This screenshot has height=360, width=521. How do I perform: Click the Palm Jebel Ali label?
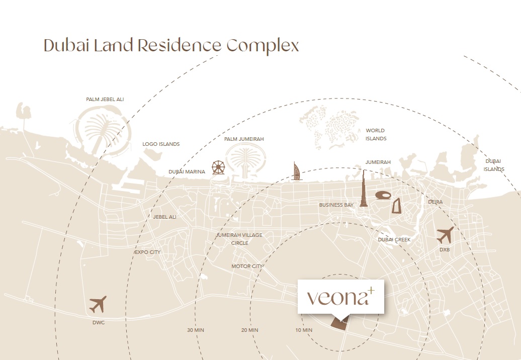point(105,100)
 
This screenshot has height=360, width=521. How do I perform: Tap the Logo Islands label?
point(161,144)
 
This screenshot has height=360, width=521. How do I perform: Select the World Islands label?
point(376,134)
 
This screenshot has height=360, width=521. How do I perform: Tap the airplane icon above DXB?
point(445,235)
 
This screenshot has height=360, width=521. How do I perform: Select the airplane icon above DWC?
point(98,304)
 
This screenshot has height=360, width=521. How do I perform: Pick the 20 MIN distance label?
point(249,330)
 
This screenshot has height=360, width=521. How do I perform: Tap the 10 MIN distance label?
point(304,330)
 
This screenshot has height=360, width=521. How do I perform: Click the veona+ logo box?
point(341,297)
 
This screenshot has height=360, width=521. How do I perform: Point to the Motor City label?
point(247,266)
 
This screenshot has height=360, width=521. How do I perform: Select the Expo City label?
point(147,252)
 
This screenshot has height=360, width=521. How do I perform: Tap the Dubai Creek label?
point(394,240)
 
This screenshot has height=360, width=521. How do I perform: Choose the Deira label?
point(435,202)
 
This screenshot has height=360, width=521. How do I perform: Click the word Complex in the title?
point(263,46)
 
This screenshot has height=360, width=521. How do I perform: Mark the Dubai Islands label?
point(494,165)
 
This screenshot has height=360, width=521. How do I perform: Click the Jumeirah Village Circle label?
point(239,239)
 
